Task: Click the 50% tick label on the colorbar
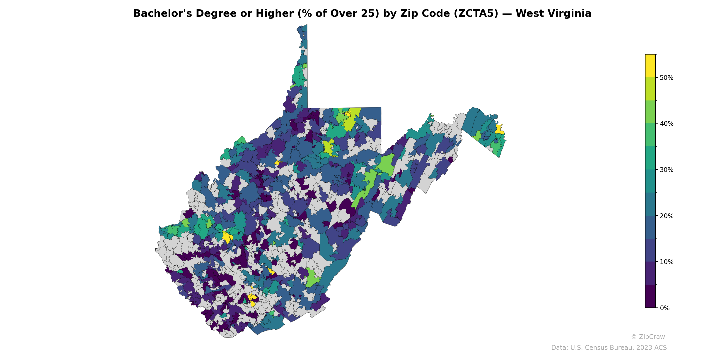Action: coord(666,78)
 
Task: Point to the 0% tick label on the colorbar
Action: coord(665,308)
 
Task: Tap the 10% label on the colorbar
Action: coord(666,262)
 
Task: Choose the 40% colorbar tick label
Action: coord(666,124)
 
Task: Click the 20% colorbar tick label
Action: coord(666,216)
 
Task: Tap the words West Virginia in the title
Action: coord(553,14)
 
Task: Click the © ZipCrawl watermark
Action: coord(648,337)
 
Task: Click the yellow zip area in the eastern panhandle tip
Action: coord(499,129)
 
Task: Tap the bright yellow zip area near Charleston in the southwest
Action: coord(227,237)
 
